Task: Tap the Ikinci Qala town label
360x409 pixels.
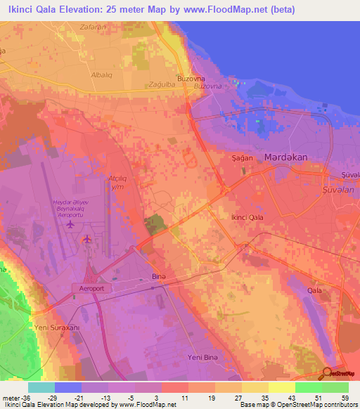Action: coord(247,219)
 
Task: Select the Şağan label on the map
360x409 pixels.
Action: coord(243,160)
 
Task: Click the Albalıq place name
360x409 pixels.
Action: coord(102,74)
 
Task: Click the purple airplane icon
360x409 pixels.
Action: coord(70,225)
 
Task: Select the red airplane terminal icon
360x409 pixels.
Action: coord(87,240)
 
